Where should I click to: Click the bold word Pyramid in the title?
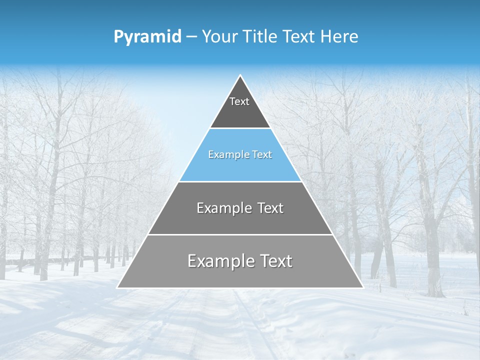147,36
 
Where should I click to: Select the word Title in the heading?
258,36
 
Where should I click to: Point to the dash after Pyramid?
191,37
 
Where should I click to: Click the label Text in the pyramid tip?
239,101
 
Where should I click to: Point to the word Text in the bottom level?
274,261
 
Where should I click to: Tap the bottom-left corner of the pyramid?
117,287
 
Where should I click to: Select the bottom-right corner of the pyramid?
362,287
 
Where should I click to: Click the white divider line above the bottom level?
240,234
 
